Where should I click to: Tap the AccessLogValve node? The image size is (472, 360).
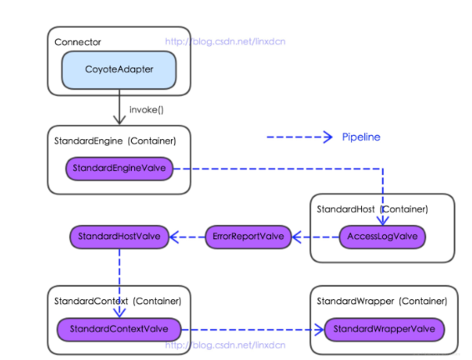click(382, 237)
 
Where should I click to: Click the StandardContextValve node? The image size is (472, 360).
click(118, 329)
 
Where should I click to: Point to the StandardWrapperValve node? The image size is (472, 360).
click(384, 329)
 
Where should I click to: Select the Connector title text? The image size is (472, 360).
click(78, 42)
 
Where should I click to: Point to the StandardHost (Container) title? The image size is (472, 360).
click(372, 208)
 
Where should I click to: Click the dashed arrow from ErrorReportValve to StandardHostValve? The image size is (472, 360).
click(187, 237)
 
